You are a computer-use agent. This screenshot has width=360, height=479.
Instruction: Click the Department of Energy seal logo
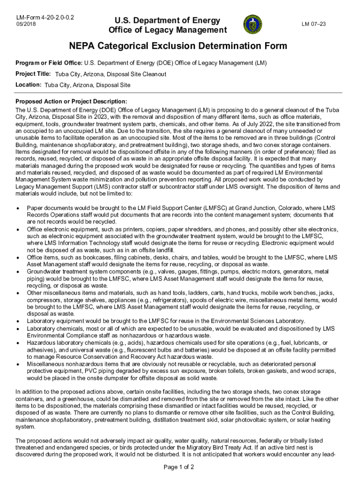[x=253, y=24]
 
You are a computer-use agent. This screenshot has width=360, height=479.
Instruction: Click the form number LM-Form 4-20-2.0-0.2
[x=46, y=18]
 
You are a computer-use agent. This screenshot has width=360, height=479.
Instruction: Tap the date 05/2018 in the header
[x=26, y=24]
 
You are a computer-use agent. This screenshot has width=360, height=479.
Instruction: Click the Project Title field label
[x=33, y=74]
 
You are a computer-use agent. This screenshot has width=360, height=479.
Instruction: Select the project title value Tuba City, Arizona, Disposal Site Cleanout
[x=110, y=74]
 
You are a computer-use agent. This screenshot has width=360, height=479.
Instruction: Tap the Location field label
[x=29, y=85]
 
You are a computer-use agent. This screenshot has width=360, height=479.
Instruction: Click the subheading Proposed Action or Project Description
[x=71, y=102]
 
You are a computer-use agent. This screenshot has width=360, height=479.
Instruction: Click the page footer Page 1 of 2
[x=180, y=467]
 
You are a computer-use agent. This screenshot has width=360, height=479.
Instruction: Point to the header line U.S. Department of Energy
[x=164, y=20]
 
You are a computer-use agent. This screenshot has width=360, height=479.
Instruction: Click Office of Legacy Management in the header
[x=167, y=30]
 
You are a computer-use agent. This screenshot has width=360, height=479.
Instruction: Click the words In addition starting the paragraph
[x=30, y=392]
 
